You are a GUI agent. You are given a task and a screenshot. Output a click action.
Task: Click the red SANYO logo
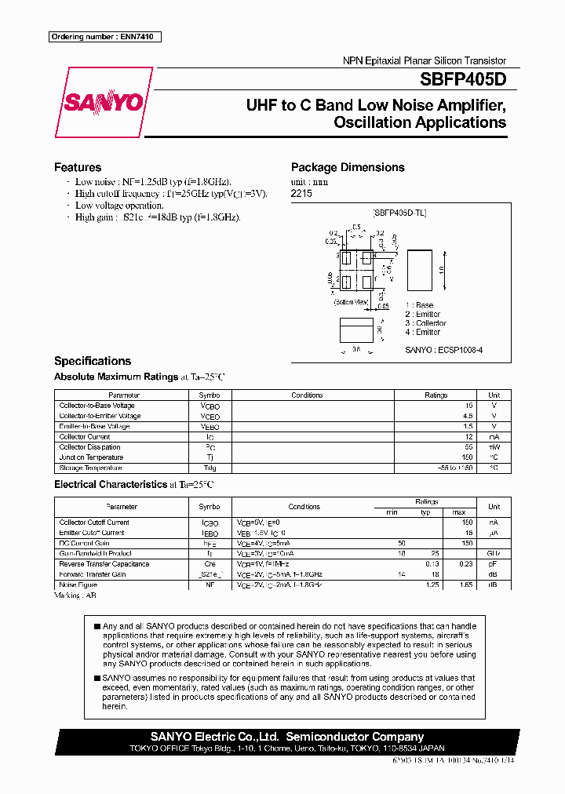[x=103, y=103]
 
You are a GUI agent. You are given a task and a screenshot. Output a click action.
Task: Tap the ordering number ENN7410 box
[x=104, y=37]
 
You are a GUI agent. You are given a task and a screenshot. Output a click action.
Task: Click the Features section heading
[x=78, y=167]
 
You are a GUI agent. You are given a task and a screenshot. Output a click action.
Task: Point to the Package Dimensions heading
[x=348, y=167]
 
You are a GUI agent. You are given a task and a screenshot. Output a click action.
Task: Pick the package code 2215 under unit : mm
[x=301, y=193]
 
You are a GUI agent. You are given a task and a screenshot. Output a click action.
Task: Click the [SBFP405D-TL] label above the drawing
[x=399, y=213]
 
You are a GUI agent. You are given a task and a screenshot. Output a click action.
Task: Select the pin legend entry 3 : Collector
[x=425, y=323]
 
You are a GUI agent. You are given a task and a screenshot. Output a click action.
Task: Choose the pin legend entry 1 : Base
[x=419, y=305]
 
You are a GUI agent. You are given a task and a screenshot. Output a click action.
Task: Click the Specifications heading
[x=93, y=361]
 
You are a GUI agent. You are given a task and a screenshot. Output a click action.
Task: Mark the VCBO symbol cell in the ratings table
[x=210, y=406]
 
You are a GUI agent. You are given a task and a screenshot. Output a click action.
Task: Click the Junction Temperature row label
[x=91, y=457]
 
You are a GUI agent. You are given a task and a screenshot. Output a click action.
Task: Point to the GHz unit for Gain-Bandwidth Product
[x=494, y=553]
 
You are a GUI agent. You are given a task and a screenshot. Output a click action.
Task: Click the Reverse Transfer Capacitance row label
[x=104, y=564]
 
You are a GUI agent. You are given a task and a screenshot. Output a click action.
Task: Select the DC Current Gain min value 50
[x=402, y=543]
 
